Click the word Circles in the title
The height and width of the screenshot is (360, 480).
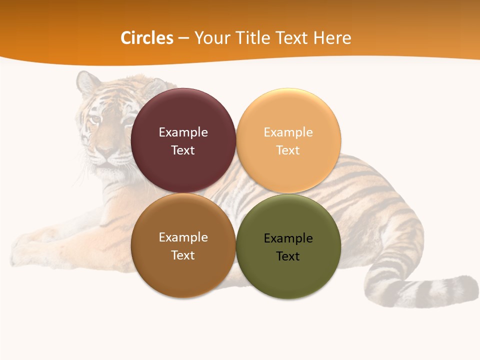pos(146,38)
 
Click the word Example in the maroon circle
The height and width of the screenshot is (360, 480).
pos(183,132)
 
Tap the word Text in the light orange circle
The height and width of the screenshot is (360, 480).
pos(288,150)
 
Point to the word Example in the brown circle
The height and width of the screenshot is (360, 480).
pos(183,237)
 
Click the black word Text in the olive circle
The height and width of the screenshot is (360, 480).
pos(288,256)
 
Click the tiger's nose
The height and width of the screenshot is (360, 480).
pos(105,150)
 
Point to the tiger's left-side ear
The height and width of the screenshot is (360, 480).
pos(87,81)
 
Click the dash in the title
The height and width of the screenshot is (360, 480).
pos(183,38)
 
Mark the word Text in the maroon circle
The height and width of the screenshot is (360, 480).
pos(183,150)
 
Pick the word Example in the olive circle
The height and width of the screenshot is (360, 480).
pos(288,238)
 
